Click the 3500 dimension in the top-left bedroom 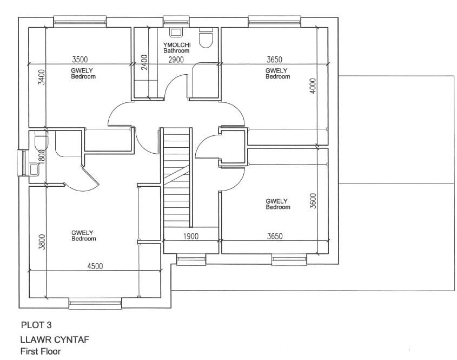pyautogui.click(x=80, y=59)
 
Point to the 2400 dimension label pyautogui.click(x=144, y=62)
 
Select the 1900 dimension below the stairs pyautogui.click(x=190, y=237)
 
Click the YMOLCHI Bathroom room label pyautogui.click(x=176, y=48)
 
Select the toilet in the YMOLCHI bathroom pyautogui.click(x=206, y=38)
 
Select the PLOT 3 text pyautogui.click(x=36, y=325)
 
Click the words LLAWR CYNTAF pyautogui.click(x=54, y=340)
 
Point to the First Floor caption pyautogui.click(x=41, y=351)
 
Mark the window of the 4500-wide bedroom pyautogui.click(x=95, y=304)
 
